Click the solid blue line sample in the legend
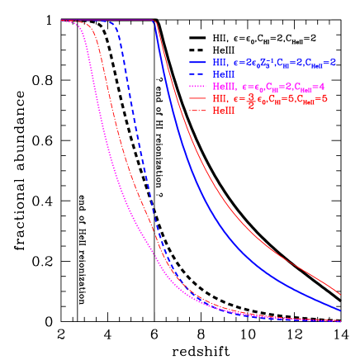[198, 62]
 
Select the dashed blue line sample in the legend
[198, 74]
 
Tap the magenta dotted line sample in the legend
[198, 86]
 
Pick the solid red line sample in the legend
[198, 97]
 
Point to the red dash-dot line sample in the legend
[198, 109]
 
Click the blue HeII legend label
[222, 74]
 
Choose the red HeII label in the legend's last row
[222, 109]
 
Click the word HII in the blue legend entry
[220, 62]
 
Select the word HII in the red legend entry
[220, 97]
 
